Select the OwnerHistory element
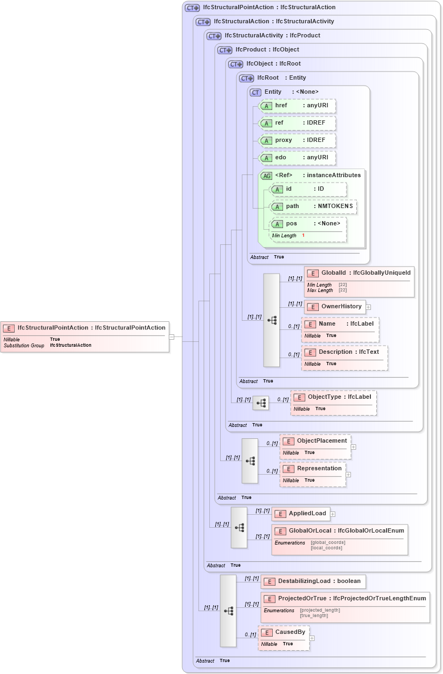[335, 307]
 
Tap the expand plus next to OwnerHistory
[368, 307]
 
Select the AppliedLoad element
[301, 514]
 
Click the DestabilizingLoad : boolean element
[313, 581]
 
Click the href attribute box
[297, 106]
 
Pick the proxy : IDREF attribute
[297, 140]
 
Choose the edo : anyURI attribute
[297, 158]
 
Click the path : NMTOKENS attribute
[313, 206]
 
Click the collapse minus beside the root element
[171, 336]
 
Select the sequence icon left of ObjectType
[261, 403]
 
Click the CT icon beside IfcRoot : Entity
[247, 78]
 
